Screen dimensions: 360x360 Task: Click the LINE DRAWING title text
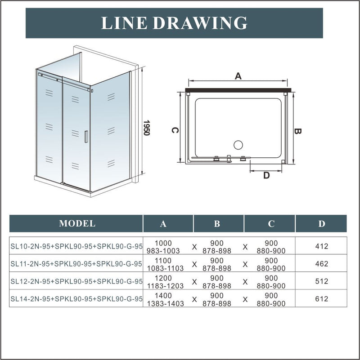(174, 22)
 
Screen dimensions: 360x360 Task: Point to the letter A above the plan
(238, 76)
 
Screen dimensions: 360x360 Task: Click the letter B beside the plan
(297, 131)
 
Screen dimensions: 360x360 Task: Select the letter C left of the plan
(176, 130)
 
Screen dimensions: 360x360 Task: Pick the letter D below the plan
(266, 176)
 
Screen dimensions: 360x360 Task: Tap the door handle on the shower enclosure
(85, 137)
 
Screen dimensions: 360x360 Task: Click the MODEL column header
(77, 223)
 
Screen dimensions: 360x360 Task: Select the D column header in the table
(321, 224)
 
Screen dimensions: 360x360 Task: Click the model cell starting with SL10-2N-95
(76, 247)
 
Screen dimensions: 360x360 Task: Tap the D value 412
(322, 247)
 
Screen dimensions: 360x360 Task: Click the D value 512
(322, 281)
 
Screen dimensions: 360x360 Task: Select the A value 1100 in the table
(163, 260)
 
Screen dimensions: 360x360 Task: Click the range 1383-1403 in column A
(163, 304)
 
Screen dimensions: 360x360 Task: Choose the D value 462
(322, 264)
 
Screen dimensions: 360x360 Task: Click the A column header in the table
(163, 224)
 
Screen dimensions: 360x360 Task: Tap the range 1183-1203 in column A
(163, 286)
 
